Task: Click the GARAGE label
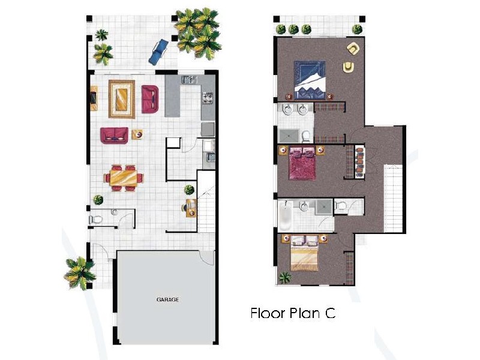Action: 168,299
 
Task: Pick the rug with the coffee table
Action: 122,99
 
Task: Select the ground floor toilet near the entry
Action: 96,220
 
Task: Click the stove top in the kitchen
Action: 208,96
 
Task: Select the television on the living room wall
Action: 94,97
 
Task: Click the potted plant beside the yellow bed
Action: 285,277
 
